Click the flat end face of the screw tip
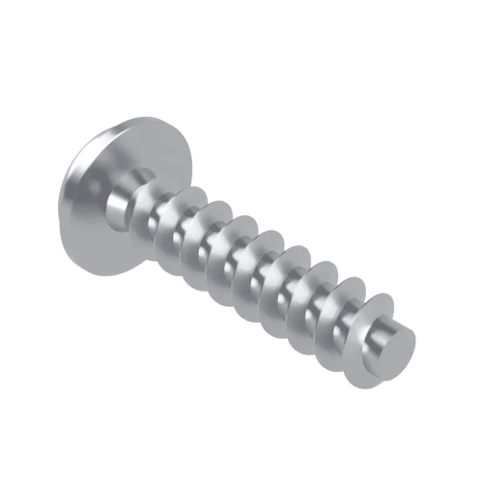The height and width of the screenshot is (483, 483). (x=399, y=343)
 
